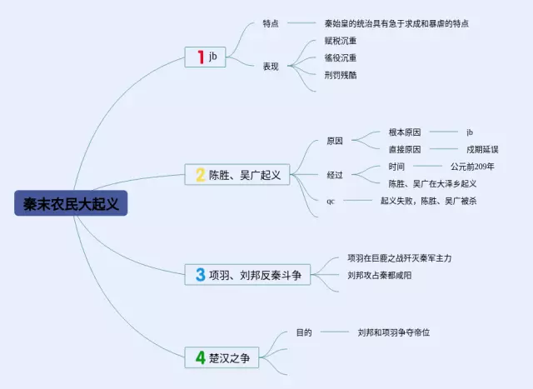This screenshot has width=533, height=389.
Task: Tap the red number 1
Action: click(x=200, y=57)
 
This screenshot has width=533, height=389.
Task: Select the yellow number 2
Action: click(x=200, y=174)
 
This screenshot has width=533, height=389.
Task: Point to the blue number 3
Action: click(x=200, y=274)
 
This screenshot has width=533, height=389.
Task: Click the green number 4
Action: click(x=200, y=358)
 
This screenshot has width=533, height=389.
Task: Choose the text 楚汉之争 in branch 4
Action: click(x=229, y=358)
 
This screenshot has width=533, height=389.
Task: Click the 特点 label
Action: click(x=271, y=23)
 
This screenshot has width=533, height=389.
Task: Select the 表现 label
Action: click(x=271, y=66)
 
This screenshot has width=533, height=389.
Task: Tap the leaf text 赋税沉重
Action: click(x=341, y=41)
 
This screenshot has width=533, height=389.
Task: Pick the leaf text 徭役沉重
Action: click(x=341, y=57)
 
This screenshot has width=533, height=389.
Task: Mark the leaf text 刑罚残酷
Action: click(x=341, y=74)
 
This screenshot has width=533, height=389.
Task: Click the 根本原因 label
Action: click(x=405, y=132)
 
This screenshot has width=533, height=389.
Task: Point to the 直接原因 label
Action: click(x=405, y=149)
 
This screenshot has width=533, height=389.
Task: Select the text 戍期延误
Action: click(x=482, y=149)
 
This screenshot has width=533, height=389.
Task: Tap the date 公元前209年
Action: click(x=472, y=166)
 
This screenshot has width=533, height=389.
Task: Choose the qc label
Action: click(x=331, y=201)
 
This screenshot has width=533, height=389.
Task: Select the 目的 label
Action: click(x=304, y=332)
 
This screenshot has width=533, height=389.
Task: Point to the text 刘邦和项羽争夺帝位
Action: click(x=394, y=332)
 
